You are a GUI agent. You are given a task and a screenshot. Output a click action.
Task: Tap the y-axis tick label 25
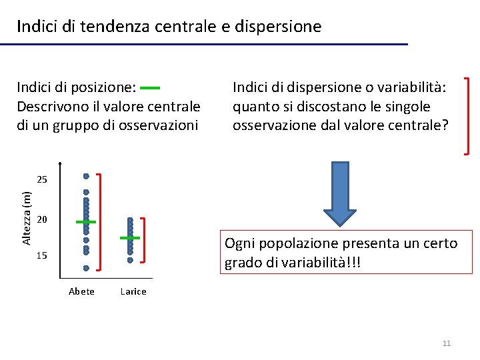[43, 180]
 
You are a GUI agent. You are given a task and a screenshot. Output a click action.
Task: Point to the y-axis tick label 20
[43, 220]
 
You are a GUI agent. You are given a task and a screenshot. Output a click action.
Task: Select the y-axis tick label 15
[43, 256]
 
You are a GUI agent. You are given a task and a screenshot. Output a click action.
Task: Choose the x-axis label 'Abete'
[81, 291]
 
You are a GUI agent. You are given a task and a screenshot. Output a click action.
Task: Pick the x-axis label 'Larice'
[133, 291]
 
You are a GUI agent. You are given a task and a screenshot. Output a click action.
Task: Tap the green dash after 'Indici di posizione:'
[151, 87]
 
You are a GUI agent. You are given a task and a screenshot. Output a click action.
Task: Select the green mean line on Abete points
[86, 221]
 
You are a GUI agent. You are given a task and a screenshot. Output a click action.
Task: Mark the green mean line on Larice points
[130, 237]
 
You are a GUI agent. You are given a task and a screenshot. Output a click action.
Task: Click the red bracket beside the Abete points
[100, 222]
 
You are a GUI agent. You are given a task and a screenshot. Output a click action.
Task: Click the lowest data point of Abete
[86, 268]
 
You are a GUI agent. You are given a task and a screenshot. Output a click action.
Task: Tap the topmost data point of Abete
[86, 176]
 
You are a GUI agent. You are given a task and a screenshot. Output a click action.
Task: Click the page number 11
[447, 343]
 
